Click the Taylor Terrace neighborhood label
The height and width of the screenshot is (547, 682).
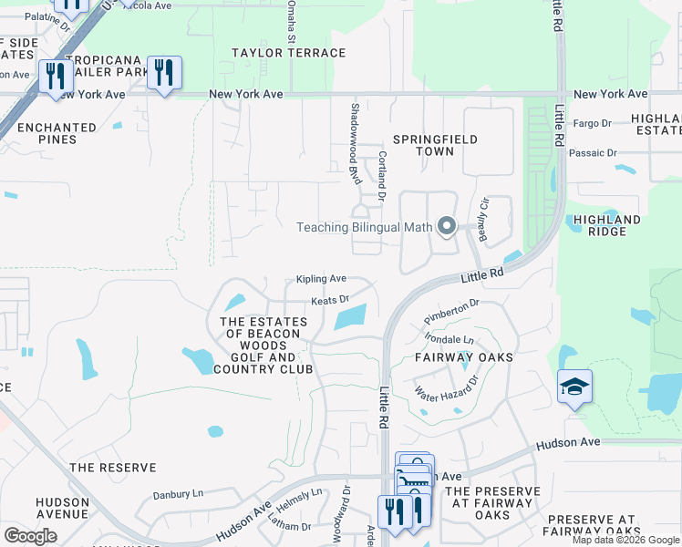(288, 53)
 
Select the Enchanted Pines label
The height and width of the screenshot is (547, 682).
(57, 134)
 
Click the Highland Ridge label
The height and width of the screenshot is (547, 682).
(607, 225)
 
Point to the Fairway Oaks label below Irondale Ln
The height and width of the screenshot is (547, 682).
(464, 357)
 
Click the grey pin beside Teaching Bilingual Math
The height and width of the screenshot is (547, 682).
(447, 226)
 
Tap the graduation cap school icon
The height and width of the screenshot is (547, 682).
(575, 387)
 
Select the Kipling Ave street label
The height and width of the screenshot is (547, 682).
(321, 279)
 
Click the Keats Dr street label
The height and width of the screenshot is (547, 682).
(330, 299)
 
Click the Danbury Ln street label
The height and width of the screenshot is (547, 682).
(178, 494)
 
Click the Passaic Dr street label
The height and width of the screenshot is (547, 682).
(593, 153)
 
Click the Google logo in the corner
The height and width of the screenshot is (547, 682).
(29, 535)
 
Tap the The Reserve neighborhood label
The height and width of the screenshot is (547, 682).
(113, 468)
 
